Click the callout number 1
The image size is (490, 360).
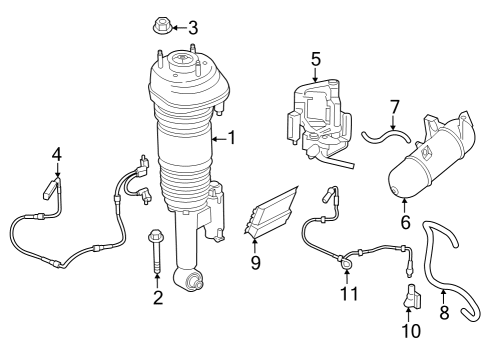pyautogui.click(x=232, y=138)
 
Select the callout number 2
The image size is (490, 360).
pyautogui.click(x=158, y=297)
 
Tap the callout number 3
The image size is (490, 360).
pyautogui.click(x=193, y=27)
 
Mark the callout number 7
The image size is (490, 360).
pyautogui.click(x=394, y=105)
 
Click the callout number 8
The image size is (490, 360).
pyautogui.click(x=444, y=312)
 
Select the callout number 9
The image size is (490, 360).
pyautogui.click(x=256, y=264)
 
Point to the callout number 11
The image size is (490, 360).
pyautogui.click(x=348, y=293)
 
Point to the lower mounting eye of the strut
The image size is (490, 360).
pyautogui.click(x=188, y=281)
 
